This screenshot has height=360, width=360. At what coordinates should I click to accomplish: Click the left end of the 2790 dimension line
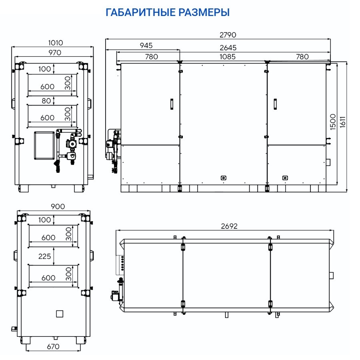click(x=106, y=39)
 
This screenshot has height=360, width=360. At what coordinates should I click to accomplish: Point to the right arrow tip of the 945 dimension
click(x=180, y=50)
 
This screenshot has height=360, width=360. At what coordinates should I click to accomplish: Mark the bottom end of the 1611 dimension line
click(x=347, y=192)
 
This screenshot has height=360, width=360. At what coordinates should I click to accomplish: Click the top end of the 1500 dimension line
click(x=337, y=63)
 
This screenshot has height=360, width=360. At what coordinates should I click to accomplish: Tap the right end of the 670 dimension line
click(x=80, y=350)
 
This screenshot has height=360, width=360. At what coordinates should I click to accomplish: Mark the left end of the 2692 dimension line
click(x=116, y=230)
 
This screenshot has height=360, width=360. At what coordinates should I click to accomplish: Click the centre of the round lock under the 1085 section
click(x=223, y=178)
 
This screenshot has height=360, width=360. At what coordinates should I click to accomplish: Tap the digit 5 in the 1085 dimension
click(x=233, y=57)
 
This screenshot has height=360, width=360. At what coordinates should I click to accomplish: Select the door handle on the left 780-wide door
click(x=172, y=104)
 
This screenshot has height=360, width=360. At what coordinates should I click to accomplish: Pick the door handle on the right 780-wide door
click(x=275, y=104)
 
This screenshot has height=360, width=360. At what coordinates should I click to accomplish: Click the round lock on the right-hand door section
click(x=285, y=178)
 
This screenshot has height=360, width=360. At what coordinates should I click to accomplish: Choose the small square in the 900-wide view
click(x=60, y=314)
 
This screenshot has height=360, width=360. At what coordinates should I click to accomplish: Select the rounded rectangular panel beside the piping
click(x=44, y=145)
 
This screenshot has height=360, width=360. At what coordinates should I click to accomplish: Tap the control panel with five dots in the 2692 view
click(x=120, y=265)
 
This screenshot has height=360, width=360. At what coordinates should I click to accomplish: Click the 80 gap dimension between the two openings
click(x=46, y=101)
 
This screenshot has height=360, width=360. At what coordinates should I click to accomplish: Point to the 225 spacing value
click(x=44, y=256)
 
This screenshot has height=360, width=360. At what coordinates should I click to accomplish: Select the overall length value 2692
click(x=229, y=226)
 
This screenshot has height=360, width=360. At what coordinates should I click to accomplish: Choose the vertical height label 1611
click(x=342, y=122)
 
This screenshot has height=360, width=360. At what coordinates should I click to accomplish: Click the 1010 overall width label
click(x=55, y=43)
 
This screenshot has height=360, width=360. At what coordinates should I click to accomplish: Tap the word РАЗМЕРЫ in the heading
click(x=204, y=12)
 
